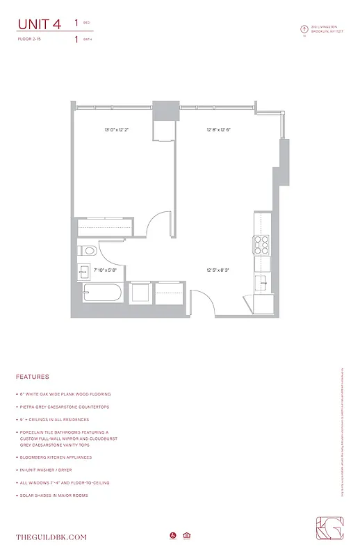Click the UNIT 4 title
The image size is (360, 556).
pos(39,24)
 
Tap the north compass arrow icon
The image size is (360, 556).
pos(303,29)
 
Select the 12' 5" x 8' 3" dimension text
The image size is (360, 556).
pos(218,270)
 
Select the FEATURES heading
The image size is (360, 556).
pos(32,377)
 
